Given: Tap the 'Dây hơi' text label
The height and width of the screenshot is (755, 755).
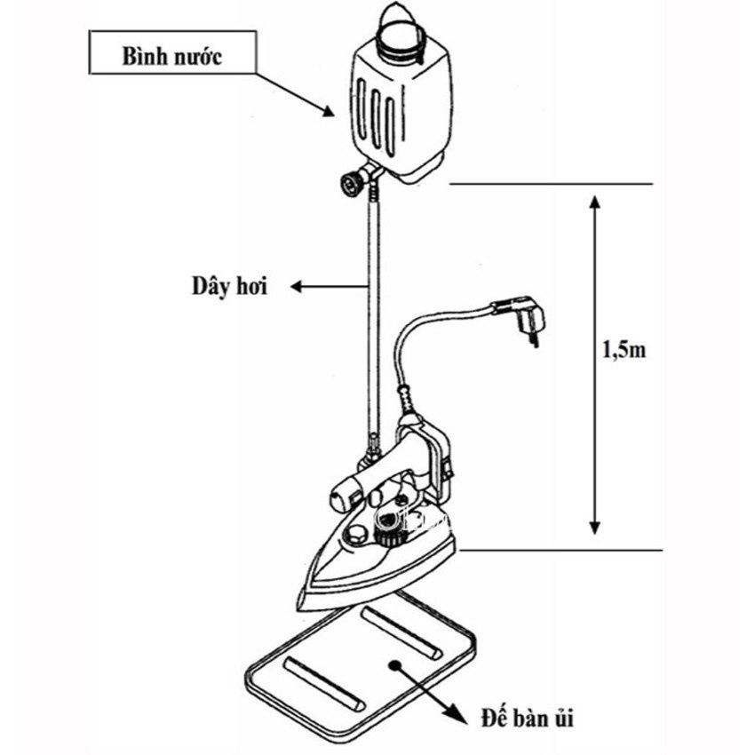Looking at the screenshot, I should [x=228, y=287].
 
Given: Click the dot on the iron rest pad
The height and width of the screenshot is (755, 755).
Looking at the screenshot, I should [x=393, y=664].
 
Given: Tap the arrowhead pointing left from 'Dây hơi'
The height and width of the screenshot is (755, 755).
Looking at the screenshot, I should [x=298, y=287].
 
